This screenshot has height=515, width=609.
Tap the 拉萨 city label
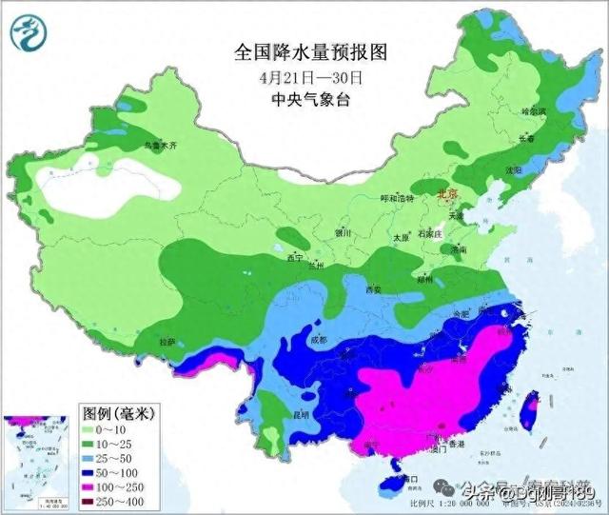pos(167,340)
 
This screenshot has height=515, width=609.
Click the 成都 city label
pos(317,340)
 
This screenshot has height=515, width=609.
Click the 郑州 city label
pos(423,281)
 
